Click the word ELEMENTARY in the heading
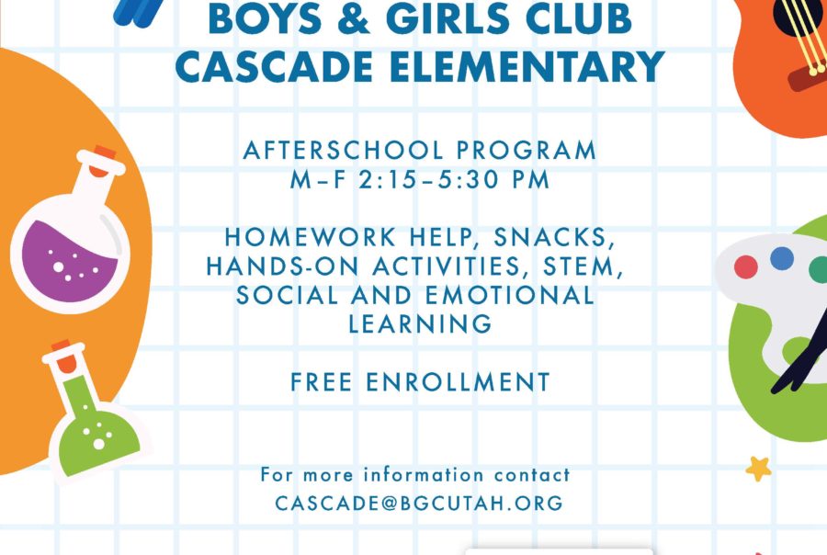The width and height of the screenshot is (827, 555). click(x=528, y=66)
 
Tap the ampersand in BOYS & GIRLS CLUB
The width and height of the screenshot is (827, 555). click(x=354, y=18)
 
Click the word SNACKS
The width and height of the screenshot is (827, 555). click(x=554, y=238)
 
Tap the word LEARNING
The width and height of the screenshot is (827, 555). click(x=420, y=323)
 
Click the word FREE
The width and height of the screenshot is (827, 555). click(x=322, y=382)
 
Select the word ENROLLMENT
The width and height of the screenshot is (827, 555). click(x=458, y=382)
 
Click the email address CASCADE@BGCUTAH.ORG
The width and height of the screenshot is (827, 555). click(x=419, y=503)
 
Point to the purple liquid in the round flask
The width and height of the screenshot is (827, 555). click(x=69, y=261)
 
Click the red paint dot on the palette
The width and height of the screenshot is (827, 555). click(x=746, y=267)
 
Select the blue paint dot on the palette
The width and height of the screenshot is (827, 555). click(x=782, y=258)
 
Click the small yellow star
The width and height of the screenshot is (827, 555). click(x=758, y=469)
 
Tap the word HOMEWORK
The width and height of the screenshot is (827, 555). click(x=311, y=237)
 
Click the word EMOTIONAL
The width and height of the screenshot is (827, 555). click(x=510, y=295)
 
